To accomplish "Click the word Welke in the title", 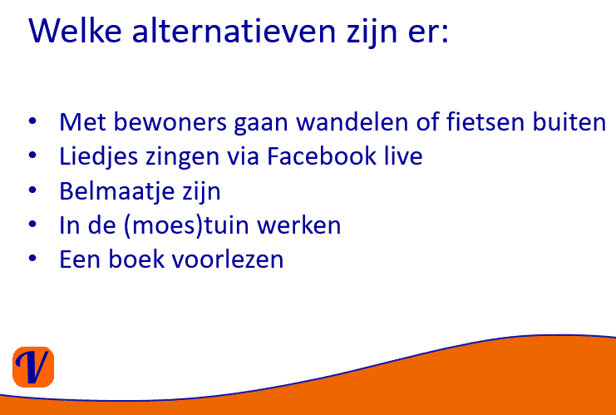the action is (75, 30).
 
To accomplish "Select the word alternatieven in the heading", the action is (234, 31).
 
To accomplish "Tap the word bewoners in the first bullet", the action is (170, 121).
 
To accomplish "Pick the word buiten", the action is (569, 121).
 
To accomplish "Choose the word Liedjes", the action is (99, 157).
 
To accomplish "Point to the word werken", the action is (299, 225).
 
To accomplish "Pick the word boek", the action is (136, 259).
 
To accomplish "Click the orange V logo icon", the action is (33, 367).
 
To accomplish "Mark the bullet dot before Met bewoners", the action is (32, 121).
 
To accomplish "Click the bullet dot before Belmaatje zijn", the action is (32, 190).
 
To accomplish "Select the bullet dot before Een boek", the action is (32, 258).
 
